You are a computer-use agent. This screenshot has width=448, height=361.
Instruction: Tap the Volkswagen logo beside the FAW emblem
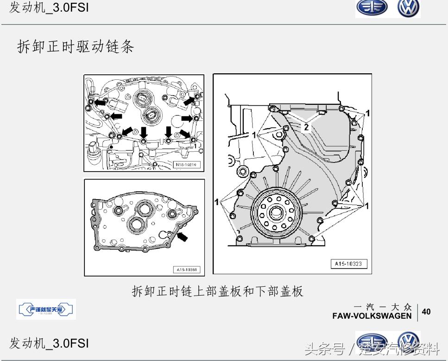(408, 8)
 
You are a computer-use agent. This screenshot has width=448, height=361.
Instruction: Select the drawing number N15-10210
(185, 165)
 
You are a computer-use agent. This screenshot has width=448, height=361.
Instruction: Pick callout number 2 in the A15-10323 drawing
(306, 126)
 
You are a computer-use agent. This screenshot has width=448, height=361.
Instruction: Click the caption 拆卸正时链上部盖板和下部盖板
(218, 291)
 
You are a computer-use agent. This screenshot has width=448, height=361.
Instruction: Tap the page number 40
(426, 311)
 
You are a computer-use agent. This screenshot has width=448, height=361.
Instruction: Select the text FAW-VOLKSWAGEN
(372, 316)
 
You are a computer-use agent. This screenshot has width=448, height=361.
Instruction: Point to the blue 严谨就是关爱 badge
(46, 309)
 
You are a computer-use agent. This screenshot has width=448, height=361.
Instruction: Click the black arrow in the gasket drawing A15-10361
(183, 236)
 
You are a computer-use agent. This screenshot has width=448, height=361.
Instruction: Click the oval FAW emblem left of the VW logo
(372, 8)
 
